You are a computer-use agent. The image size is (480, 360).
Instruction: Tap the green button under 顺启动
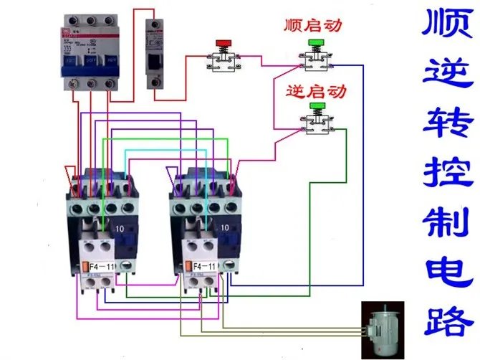coord(316,44)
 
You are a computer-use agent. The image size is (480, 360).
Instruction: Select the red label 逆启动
coord(315,91)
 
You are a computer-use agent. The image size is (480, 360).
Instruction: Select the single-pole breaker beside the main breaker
coord(155,54)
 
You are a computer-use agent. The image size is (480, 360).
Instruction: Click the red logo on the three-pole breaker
coord(68,27)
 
